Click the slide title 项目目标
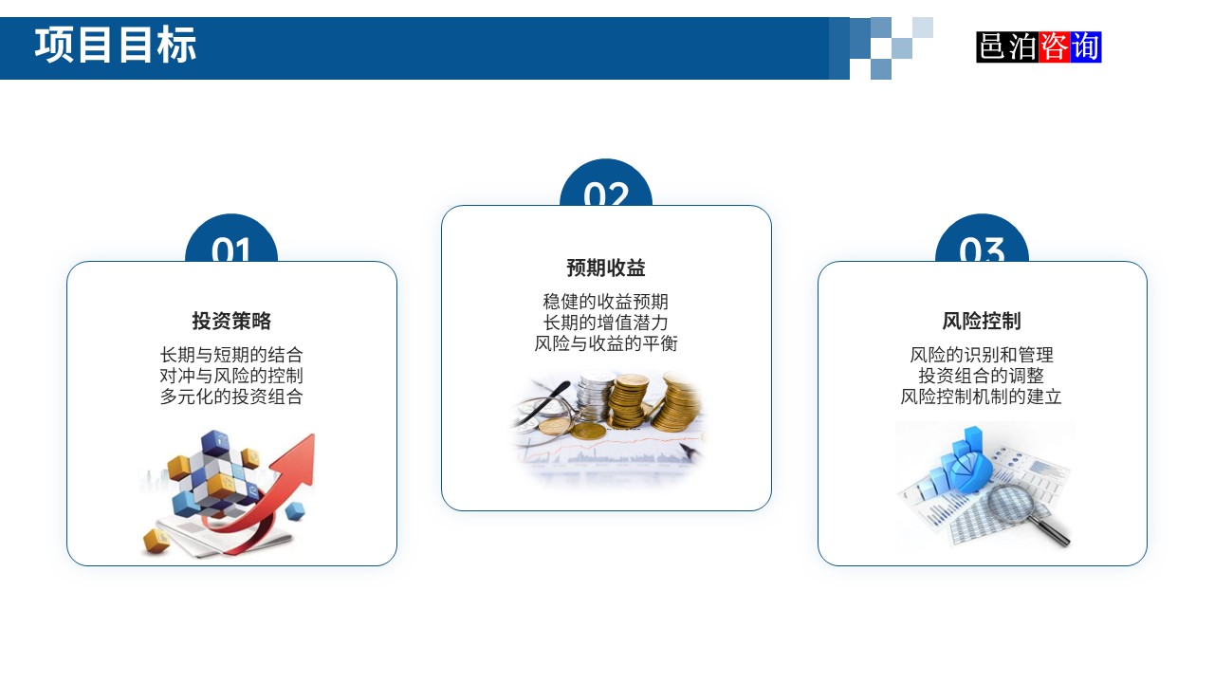[x=116, y=46]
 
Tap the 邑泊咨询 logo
[x=1039, y=46]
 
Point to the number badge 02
[x=606, y=190]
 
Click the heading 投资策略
[x=231, y=321]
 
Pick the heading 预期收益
[x=606, y=268]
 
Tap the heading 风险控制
[x=982, y=321]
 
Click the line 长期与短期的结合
[x=231, y=355]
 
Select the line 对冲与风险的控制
[x=231, y=376]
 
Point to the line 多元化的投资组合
[x=231, y=397]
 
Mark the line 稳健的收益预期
[x=606, y=302]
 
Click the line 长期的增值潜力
[x=606, y=323]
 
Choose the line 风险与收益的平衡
[x=606, y=343]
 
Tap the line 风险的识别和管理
[x=982, y=355]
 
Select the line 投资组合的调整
[x=982, y=376]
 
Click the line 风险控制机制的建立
[x=982, y=397]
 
